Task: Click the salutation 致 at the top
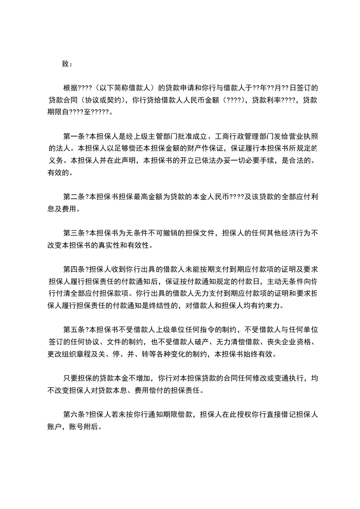65,64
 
